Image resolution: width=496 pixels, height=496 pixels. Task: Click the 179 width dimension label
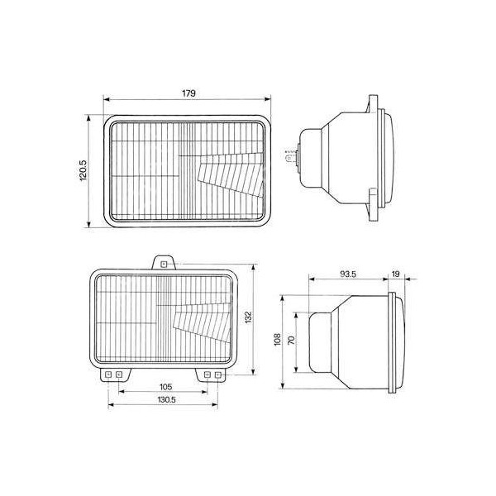point(188,93)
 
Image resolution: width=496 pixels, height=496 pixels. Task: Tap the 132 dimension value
point(258,317)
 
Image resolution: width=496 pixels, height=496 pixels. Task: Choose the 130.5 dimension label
point(166,399)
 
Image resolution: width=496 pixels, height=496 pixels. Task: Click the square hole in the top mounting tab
point(164,265)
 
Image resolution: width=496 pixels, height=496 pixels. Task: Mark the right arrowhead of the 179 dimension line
point(269,100)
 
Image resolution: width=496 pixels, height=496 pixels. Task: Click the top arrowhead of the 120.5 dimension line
point(88,117)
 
